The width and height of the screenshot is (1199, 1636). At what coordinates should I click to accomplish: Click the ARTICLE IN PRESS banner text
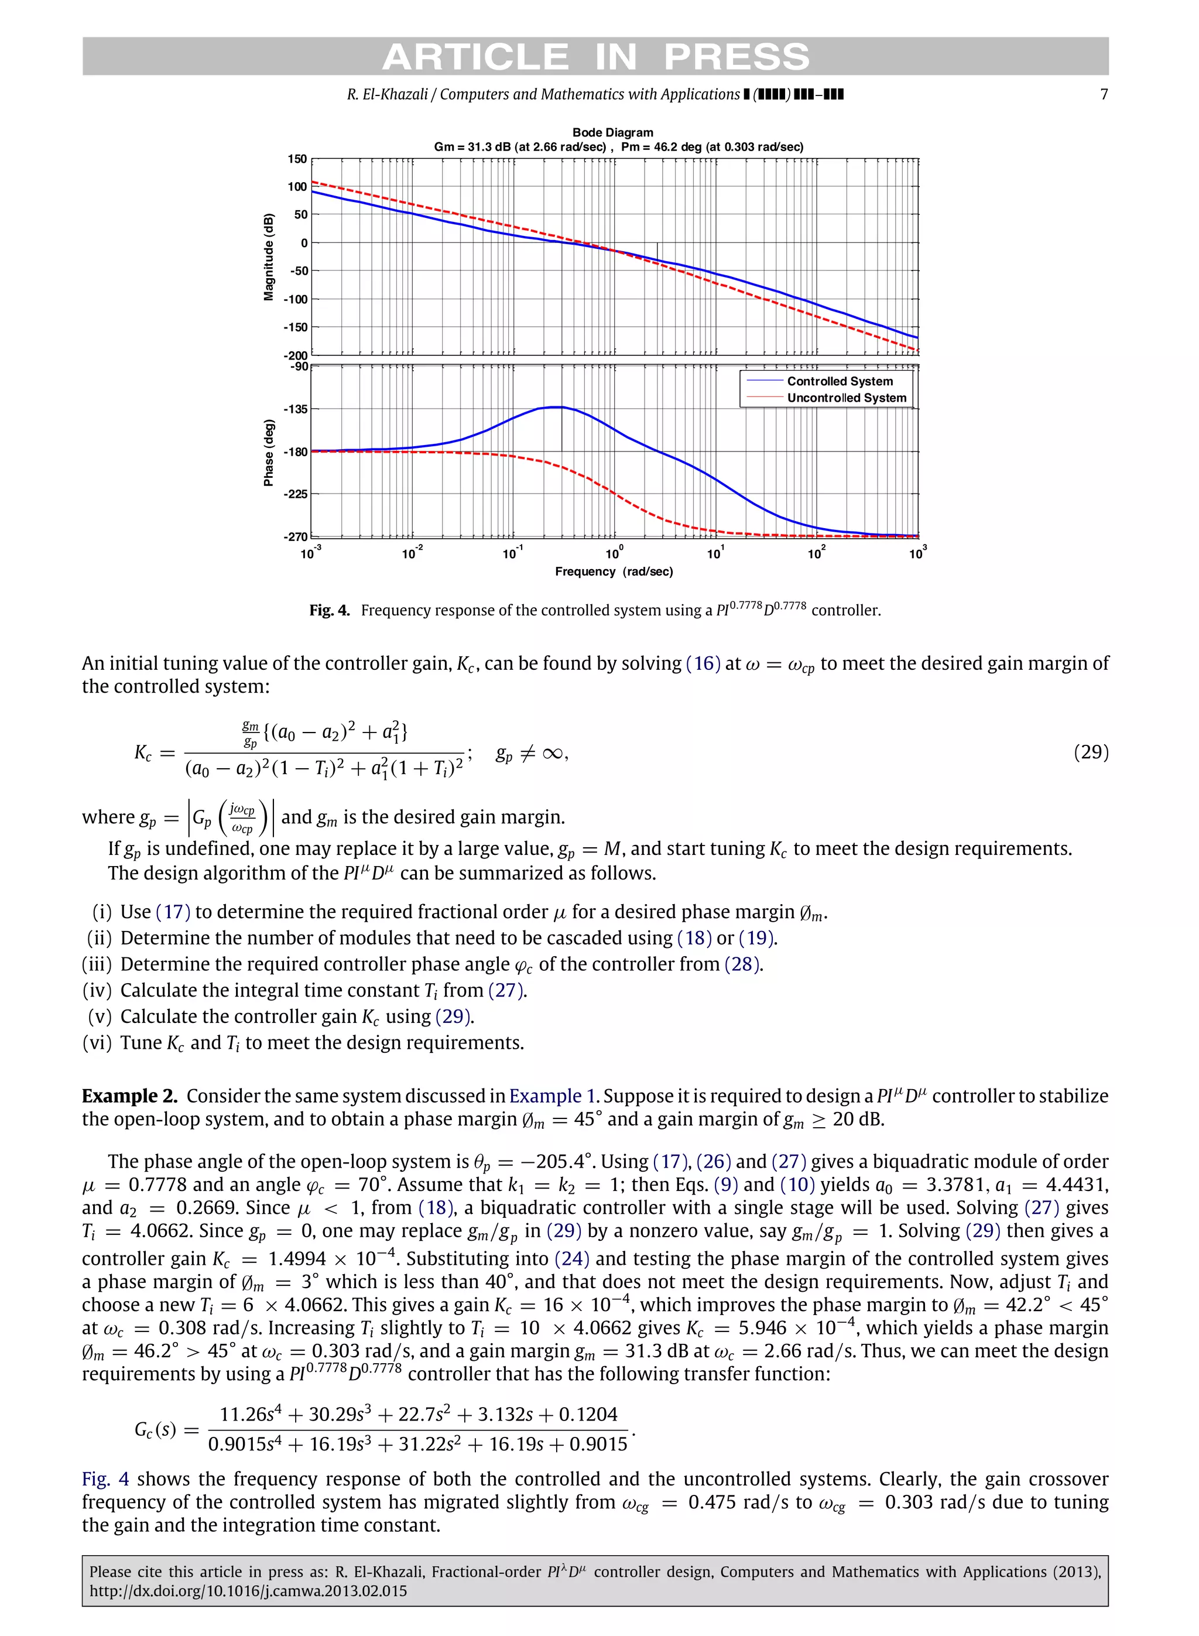tap(595, 57)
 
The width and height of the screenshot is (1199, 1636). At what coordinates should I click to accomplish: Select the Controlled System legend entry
tap(840, 381)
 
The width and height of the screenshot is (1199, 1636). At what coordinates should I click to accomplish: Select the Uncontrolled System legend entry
tap(847, 398)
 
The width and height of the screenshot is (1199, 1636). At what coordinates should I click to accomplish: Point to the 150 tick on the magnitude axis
tap(297, 159)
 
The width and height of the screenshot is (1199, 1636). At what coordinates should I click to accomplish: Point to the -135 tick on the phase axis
tap(296, 409)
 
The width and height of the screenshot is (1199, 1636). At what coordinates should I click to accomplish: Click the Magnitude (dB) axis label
tap(269, 257)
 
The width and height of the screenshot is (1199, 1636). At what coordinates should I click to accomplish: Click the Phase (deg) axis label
tap(269, 452)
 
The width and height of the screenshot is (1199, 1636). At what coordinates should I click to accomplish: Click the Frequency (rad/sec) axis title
tap(614, 572)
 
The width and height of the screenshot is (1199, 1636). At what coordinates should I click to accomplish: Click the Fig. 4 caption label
tap(330, 610)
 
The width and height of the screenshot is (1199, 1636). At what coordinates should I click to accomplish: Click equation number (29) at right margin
tap(1091, 752)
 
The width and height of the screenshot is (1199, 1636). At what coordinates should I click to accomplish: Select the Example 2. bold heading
tap(129, 1096)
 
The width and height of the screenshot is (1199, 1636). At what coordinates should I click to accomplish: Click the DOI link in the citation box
tap(248, 1591)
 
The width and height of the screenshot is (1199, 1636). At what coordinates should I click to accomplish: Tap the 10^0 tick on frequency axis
tap(614, 554)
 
